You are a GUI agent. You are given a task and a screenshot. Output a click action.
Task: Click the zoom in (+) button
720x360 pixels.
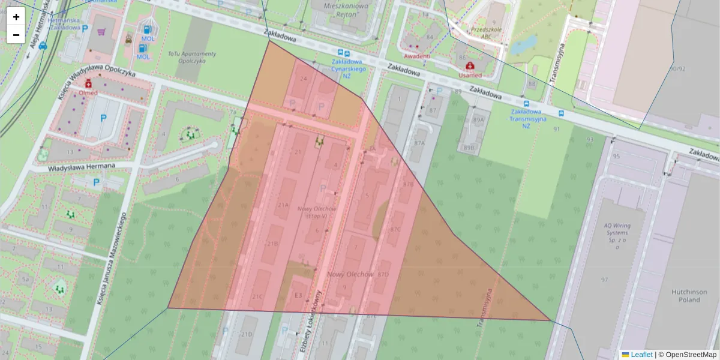[16, 17]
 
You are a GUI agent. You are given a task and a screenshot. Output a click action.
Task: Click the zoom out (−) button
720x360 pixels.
[16, 35]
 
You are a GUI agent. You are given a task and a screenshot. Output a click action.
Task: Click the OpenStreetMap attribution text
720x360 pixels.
[691, 355]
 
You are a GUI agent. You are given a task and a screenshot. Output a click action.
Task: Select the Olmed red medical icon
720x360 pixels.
[89, 83]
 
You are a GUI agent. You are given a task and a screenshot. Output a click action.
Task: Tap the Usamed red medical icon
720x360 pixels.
[470, 65]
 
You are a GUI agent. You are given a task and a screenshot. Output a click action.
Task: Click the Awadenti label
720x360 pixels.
[417, 56]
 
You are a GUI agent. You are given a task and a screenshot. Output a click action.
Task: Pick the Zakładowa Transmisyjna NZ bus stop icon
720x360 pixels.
[560, 113]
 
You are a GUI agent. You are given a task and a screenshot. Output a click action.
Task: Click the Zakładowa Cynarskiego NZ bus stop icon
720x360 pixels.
[341, 53]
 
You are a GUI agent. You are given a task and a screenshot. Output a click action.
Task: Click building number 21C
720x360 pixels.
[257, 296]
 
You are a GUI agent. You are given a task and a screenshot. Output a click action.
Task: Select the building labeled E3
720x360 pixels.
[298, 295]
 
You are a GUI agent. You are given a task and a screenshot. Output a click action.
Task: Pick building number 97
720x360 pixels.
[604, 280]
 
